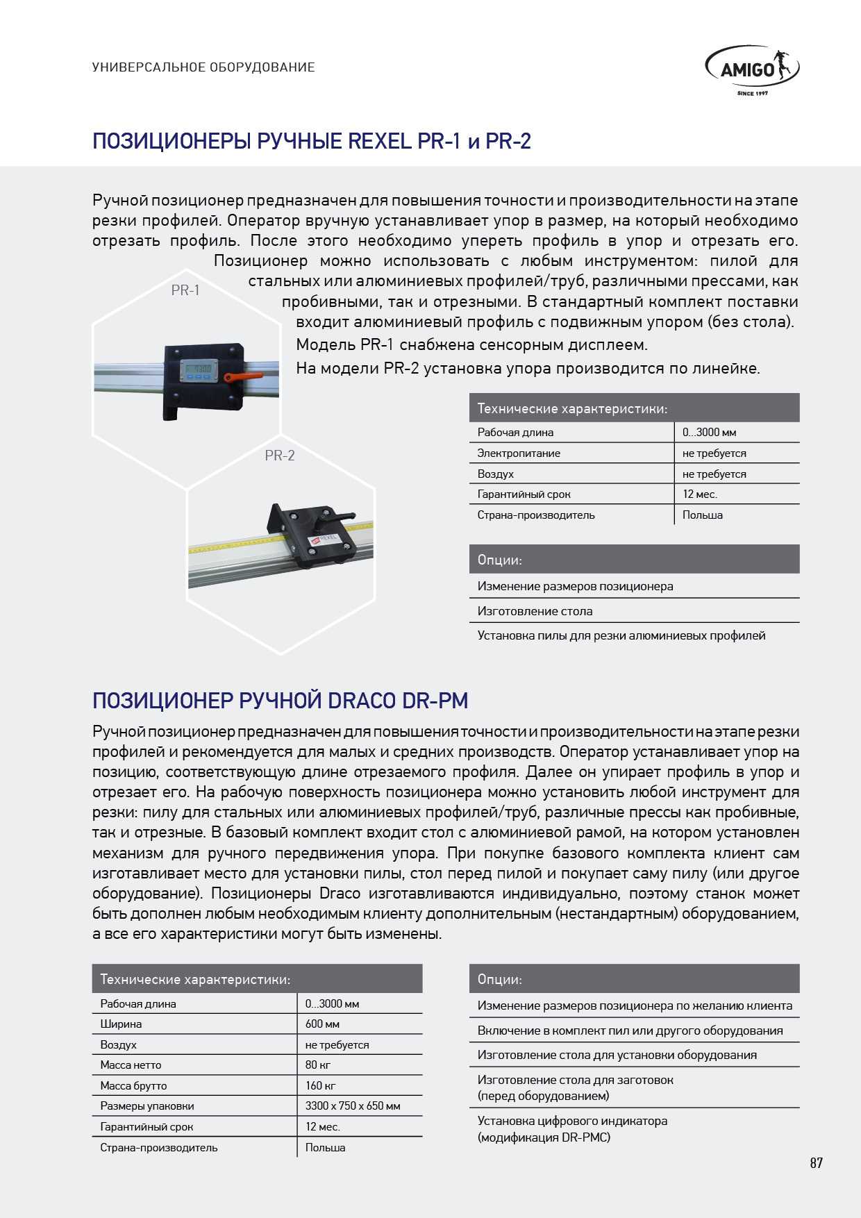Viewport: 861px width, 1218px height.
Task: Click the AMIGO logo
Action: pyautogui.click(x=752, y=69)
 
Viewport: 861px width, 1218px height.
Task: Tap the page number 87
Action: pyautogui.click(x=816, y=1163)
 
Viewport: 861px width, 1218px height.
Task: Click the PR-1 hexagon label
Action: pyautogui.click(x=185, y=290)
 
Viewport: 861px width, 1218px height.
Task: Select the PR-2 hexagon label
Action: pyautogui.click(x=280, y=456)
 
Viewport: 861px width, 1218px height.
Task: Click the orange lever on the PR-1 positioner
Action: pyautogui.click(x=243, y=377)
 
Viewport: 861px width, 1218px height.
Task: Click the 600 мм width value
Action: pyautogui.click(x=322, y=1024)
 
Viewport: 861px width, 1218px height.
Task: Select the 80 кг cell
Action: pyautogui.click(x=318, y=1065)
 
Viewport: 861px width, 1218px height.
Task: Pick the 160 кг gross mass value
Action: pyautogui.click(x=321, y=1085)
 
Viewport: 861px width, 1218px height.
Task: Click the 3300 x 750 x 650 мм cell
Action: pyautogui.click(x=353, y=1106)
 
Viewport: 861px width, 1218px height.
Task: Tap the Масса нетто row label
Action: pyautogui.click(x=131, y=1065)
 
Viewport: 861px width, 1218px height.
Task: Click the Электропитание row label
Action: pyautogui.click(x=519, y=453)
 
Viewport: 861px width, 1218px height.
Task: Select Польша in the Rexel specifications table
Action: pyautogui.click(x=703, y=515)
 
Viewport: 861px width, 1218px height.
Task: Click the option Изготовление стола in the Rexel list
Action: pyautogui.click(x=535, y=611)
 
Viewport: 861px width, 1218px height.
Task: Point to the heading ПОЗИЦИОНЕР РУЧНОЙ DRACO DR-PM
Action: pyautogui.click(x=281, y=700)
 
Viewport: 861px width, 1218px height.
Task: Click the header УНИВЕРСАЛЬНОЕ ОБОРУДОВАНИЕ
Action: pyautogui.click(x=203, y=67)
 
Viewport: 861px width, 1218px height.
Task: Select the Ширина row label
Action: pyautogui.click(x=121, y=1024)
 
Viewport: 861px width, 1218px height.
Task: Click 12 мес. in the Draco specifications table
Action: pyautogui.click(x=323, y=1126)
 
